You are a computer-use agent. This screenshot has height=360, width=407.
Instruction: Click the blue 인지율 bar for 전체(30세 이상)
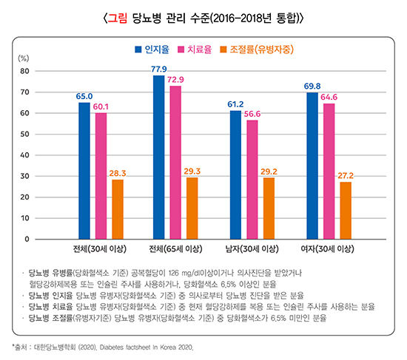84,171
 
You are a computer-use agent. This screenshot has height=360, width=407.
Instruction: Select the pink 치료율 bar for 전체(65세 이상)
176,163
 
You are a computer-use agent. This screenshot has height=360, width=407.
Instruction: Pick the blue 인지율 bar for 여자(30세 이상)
312,166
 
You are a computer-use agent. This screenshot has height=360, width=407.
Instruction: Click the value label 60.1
101,106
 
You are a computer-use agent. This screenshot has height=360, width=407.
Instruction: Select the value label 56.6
253,114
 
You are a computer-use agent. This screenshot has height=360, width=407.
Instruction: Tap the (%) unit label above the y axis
23,58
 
